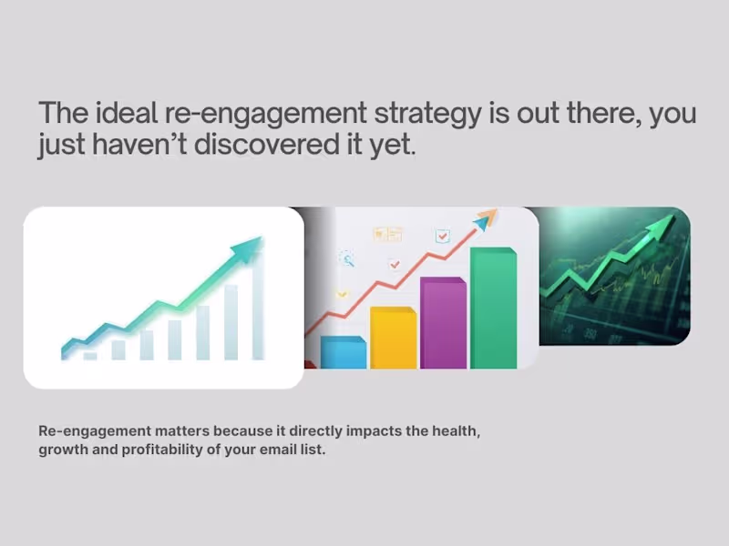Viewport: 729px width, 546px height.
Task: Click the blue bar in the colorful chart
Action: (344, 352)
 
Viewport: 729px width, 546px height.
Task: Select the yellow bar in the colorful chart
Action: (394, 338)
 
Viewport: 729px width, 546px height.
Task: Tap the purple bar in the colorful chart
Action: (443, 323)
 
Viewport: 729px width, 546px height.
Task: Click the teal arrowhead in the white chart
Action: (250, 247)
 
